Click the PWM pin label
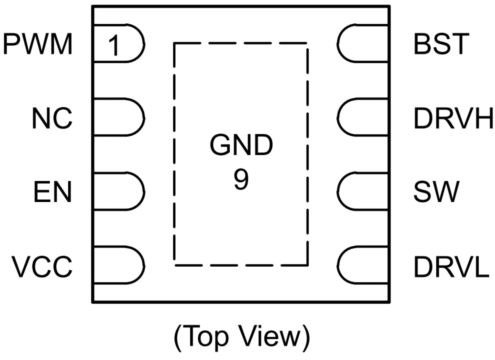pos(38,45)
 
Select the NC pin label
pos(52,119)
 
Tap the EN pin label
pos(53,192)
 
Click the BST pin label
pos(440,45)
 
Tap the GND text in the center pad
pos(241,147)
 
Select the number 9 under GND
pos(241,181)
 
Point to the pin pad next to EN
pos(119,191)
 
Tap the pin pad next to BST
pos(362,44)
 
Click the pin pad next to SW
pos(362,191)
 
